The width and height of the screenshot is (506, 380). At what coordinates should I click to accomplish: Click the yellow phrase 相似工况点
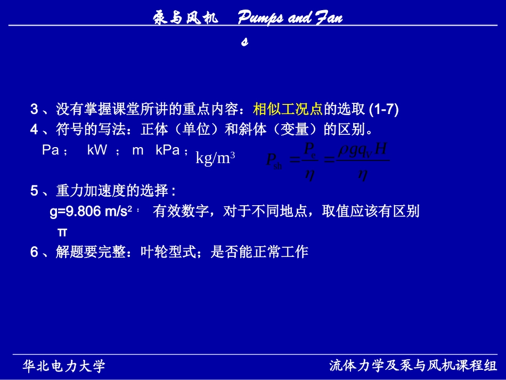288,110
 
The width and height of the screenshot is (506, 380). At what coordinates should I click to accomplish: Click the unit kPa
167,150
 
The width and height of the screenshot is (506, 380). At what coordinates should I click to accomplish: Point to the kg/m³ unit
215,158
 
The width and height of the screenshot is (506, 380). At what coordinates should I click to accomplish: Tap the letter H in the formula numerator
380,150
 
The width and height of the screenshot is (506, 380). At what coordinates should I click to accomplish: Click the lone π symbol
62,232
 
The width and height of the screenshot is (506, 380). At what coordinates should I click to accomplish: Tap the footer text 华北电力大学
64,366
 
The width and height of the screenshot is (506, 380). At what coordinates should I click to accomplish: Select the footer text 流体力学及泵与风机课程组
413,366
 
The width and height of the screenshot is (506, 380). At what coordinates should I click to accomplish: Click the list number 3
34,110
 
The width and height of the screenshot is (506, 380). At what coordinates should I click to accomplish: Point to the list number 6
34,252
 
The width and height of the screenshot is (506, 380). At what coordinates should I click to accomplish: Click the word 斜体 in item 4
252,130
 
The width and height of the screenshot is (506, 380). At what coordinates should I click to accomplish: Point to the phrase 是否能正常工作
259,252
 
